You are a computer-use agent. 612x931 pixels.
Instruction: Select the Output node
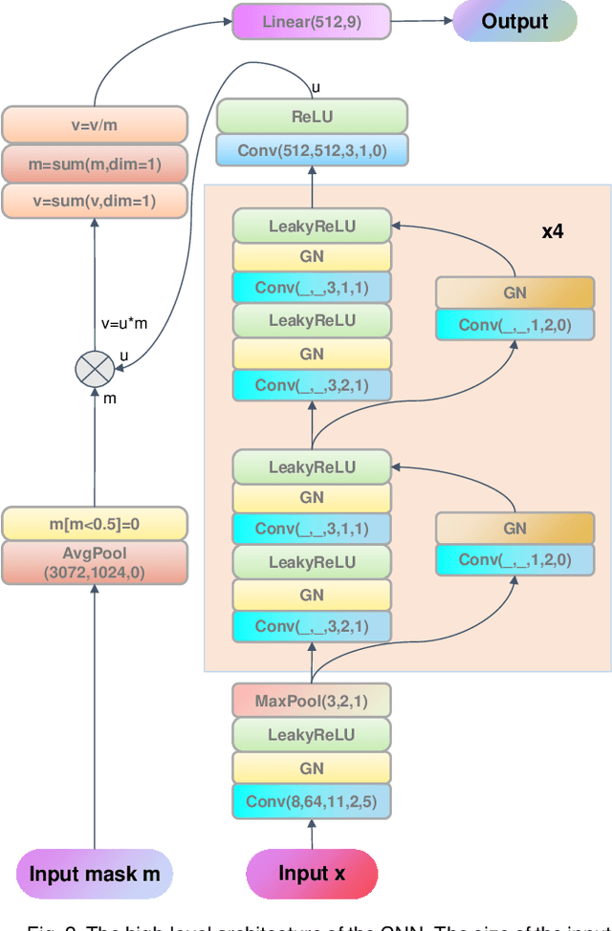coord(514,21)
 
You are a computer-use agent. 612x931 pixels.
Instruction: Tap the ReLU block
coord(312,116)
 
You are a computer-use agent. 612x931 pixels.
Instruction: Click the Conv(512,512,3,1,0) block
coord(312,150)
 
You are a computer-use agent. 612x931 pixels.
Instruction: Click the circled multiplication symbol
coord(93,368)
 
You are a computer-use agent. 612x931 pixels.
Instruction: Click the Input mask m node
coord(94,874)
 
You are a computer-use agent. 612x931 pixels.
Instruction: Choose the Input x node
coord(312,874)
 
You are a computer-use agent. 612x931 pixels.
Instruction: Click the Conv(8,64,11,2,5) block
coord(312,802)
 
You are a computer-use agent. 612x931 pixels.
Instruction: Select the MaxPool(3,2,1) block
coord(312,701)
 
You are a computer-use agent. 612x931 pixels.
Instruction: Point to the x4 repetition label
coord(553,230)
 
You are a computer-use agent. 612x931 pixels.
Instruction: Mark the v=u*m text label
coord(124,323)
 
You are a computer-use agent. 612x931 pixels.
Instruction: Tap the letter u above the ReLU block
coord(316,88)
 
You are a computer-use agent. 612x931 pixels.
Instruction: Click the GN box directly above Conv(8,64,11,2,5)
coord(312,769)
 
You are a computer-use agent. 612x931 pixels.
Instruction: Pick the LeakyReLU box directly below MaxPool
coord(312,735)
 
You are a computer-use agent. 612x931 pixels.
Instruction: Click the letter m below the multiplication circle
coord(110,399)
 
